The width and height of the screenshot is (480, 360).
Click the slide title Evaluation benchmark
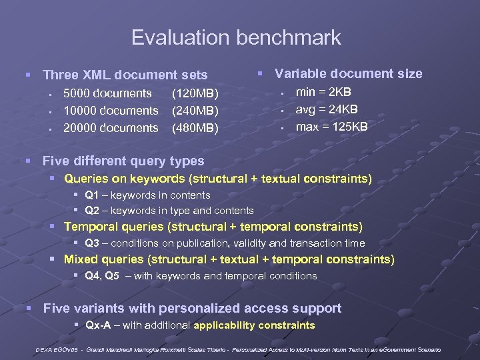[x=236, y=38]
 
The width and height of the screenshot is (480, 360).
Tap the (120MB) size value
[x=195, y=93]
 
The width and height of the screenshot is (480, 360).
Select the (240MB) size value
[x=195, y=111]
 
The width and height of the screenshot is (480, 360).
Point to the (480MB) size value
[x=195, y=128]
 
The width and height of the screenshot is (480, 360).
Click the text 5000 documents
[x=107, y=93]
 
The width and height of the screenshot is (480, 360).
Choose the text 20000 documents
[x=111, y=128]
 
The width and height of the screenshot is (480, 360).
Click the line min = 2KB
[x=323, y=92]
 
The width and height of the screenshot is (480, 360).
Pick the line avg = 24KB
[x=327, y=109]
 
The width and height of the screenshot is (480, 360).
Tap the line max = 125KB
[x=331, y=127]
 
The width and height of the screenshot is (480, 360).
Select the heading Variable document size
[x=349, y=73]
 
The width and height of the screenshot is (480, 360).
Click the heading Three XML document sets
[x=125, y=75]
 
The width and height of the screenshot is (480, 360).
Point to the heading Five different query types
[x=123, y=161]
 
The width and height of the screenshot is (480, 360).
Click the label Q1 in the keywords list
[x=92, y=195]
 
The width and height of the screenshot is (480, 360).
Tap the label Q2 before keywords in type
[x=92, y=211]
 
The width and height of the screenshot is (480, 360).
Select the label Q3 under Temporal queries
[x=92, y=243]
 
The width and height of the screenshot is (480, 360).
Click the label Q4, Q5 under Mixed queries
[x=102, y=275]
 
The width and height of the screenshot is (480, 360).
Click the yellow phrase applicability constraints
[x=254, y=325]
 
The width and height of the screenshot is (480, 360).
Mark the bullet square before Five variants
[x=29, y=308]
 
